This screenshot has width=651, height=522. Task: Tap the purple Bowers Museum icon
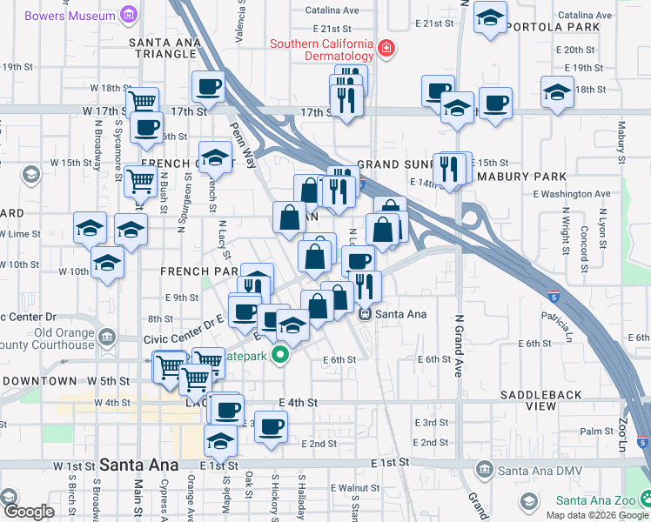pyautogui.click(x=130, y=15)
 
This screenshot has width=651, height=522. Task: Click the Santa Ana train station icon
pyautogui.click(x=366, y=314)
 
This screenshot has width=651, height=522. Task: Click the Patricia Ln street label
pyautogui.click(x=558, y=325)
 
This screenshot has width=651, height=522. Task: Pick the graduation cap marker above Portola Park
pyautogui.click(x=490, y=17)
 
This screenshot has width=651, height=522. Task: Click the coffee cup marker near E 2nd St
pyautogui.click(x=271, y=426)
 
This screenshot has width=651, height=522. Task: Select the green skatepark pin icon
pyautogui.click(x=279, y=355)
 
